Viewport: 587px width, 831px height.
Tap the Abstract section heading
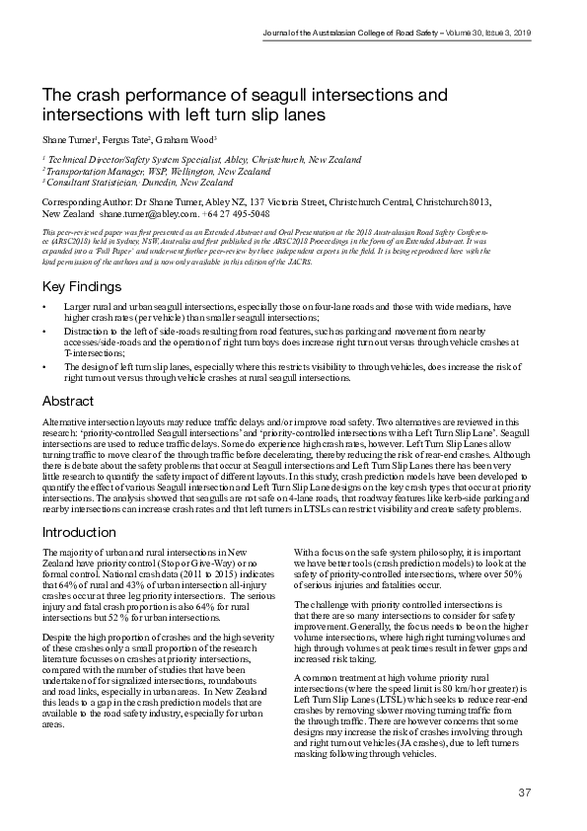coord(67,402)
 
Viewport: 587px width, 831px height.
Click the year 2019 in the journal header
coord(520,34)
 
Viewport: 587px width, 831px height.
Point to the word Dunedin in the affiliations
coord(149,183)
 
